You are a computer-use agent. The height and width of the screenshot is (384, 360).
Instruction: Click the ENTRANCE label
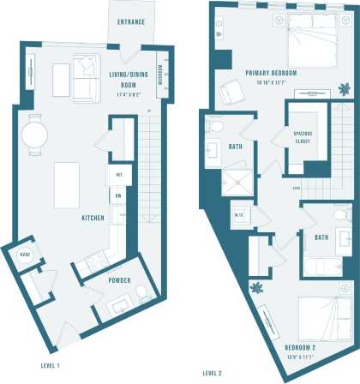(130, 21)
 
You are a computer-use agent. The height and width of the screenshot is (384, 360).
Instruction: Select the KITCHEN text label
(93, 219)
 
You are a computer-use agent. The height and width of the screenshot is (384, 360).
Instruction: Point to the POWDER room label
(118, 280)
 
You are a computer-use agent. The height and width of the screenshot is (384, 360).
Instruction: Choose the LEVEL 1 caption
(49, 366)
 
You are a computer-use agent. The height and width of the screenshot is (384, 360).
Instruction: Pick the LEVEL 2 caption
(212, 374)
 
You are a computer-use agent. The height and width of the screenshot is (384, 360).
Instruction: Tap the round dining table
(35, 135)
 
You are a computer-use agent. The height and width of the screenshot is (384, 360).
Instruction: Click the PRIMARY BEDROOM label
(271, 73)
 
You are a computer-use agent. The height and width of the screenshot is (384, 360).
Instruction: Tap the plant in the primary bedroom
(345, 87)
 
